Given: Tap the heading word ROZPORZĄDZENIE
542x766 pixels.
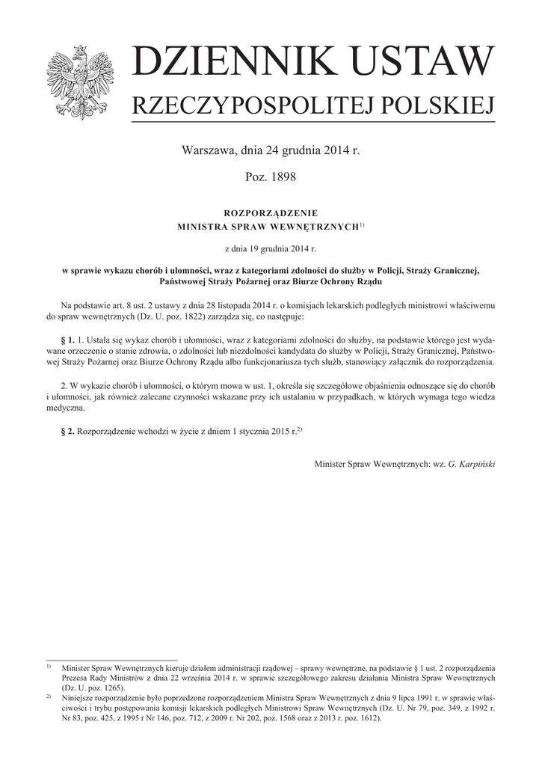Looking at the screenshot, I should [271, 212].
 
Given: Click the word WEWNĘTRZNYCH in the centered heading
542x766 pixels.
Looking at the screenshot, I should [315, 225].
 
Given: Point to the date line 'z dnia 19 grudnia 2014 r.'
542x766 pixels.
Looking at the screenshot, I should [271, 247].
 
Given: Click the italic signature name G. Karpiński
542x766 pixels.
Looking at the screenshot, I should [471, 464].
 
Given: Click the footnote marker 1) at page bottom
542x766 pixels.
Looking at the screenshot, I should [48, 666].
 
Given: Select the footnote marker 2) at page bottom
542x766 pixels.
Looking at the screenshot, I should [48, 696].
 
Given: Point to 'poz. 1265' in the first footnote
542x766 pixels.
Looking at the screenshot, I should [102, 687].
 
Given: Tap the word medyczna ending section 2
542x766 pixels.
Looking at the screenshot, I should [66, 408].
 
